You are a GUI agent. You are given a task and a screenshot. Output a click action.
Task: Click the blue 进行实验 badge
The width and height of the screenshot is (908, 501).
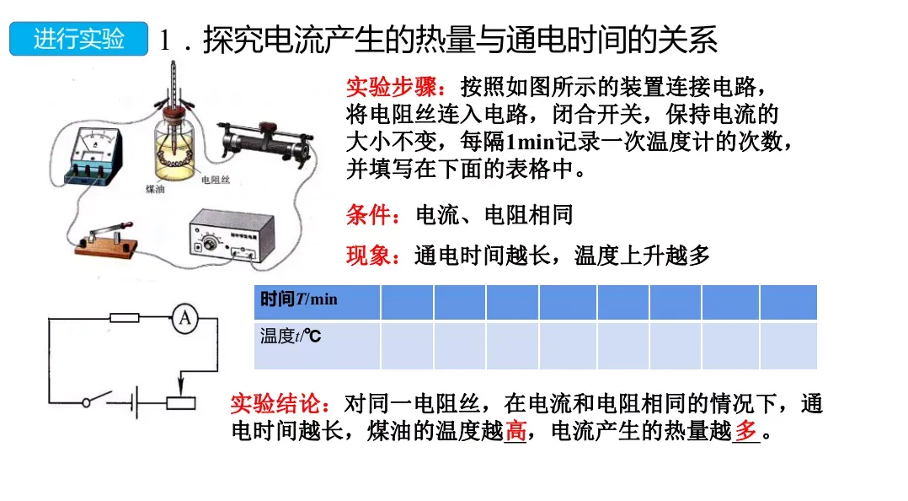click(x=78, y=40)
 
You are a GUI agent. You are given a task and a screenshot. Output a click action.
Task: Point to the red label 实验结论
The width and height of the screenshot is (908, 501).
click(x=280, y=404)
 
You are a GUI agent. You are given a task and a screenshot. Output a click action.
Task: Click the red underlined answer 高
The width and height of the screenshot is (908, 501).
click(x=515, y=432)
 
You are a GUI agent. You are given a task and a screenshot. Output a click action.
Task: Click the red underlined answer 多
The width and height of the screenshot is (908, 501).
click(x=745, y=432)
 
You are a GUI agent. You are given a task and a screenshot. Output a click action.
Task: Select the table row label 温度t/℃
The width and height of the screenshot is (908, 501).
click(x=291, y=337)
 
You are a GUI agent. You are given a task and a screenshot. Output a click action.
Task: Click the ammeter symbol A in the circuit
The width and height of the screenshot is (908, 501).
click(x=184, y=318)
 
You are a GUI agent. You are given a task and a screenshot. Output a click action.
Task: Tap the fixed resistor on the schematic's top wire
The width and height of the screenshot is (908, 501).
click(x=125, y=318)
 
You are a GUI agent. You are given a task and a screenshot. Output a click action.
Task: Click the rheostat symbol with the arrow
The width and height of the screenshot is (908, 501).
click(x=180, y=400)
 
